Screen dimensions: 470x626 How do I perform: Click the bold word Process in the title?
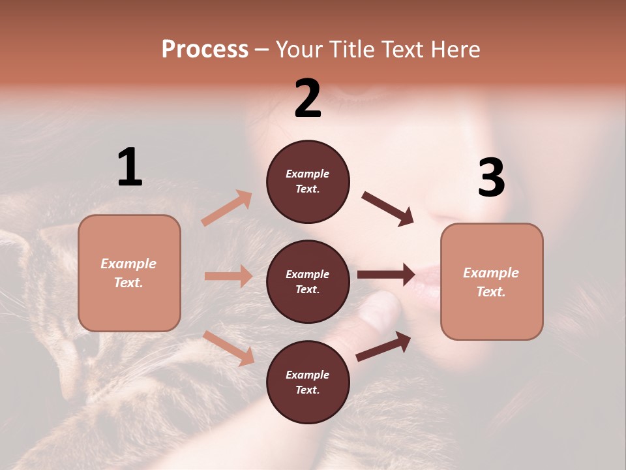[x=205, y=50]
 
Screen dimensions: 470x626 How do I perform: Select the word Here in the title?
[x=455, y=50]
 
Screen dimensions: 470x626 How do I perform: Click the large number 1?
[x=130, y=167]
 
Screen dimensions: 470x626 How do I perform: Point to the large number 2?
[x=308, y=99]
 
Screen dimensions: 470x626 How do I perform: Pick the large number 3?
[x=491, y=178]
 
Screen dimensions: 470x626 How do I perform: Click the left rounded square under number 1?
[x=129, y=273]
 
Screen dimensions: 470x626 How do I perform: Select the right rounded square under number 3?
[x=492, y=282]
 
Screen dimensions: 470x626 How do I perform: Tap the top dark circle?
[x=308, y=181]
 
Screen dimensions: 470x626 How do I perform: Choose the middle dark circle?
[x=308, y=281]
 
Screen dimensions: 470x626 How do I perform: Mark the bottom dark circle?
[x=308, y=382]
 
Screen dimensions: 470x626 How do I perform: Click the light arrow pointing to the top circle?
[x=227, y=208]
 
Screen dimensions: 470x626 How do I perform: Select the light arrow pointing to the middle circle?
[x=228, y=276]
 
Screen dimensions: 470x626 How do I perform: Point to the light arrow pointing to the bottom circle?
[x=229, y=348]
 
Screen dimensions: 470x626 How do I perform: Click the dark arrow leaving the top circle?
[x=387, y=209]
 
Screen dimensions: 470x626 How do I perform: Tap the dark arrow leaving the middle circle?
[x=386, y=275]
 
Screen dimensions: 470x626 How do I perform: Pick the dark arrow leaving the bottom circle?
[x=383, y=347]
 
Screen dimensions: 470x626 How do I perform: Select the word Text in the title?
[x=406, y=50]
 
